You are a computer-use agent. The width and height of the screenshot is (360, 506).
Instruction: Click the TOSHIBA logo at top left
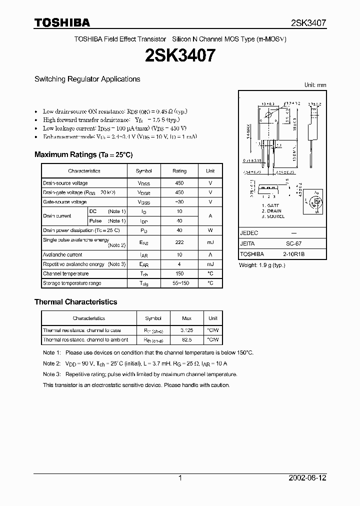(61, 22)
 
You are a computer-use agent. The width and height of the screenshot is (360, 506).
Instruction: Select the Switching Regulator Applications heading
(87, 79)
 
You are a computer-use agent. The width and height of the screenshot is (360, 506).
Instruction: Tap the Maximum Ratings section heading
(83, 154)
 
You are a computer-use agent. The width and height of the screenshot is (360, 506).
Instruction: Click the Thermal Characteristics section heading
(75, 302)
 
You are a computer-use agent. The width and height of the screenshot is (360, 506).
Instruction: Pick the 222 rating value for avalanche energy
(179, 242)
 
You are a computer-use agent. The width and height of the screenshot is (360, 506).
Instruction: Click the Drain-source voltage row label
(65, 183)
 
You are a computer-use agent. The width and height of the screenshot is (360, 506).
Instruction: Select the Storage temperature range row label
(72, 283)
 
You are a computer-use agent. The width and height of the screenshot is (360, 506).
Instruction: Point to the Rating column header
(179, 170)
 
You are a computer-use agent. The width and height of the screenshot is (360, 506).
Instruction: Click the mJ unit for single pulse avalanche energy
(210, 242)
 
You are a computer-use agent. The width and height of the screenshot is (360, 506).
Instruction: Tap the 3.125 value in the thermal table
(186, 330)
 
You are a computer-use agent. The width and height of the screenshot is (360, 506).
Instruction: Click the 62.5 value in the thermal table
(186, 340)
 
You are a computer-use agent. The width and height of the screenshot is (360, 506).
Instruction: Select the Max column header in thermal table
(186, 318)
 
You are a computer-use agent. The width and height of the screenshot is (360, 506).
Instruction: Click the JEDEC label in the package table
(248, 233)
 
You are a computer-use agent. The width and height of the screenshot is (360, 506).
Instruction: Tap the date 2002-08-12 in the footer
(307, 478)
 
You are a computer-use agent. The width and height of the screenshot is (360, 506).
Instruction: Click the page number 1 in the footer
(180, 478)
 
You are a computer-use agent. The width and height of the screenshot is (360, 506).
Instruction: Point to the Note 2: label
(51, 363)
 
